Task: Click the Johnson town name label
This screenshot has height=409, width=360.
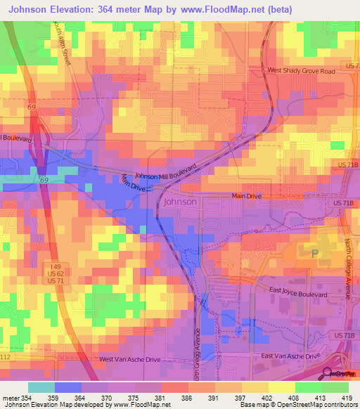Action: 180,202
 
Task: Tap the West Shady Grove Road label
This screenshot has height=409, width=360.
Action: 302,70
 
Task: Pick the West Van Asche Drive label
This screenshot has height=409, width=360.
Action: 129,359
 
